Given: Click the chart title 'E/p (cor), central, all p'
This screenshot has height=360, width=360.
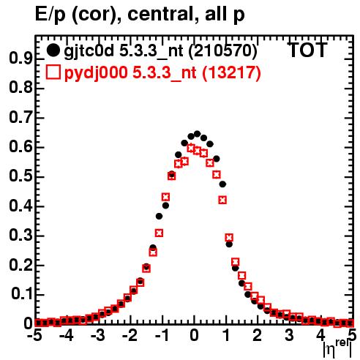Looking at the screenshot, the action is click(140, 15).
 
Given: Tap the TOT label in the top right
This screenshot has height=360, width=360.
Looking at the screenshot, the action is click(307, 50).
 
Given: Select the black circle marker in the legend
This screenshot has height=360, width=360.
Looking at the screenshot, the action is click(53, 50).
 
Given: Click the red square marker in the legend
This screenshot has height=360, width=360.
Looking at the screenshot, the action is click(53, 72).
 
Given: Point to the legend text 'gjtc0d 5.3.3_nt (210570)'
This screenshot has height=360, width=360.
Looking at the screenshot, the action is click(160, 51).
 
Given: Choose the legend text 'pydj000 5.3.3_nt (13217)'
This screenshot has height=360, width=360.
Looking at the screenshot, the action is click(162, 73).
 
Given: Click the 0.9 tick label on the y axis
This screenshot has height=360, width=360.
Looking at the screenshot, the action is click(20, 59).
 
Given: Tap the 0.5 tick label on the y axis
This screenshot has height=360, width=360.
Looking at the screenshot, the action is click(20, 176).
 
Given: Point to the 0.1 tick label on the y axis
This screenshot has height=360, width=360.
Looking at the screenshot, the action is click(22, 294).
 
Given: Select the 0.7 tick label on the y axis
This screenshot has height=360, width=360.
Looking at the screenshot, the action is click(20, 118).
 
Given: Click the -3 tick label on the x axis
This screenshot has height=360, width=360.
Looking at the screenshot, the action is click(98, 336).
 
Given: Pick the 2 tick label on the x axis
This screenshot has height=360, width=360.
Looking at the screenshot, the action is click(257, 336).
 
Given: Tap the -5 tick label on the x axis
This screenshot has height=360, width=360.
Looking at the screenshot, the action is click(34, 336).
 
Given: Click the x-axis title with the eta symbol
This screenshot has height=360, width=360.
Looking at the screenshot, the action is click(338, 349).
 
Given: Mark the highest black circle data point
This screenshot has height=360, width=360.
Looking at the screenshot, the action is click(197, 134).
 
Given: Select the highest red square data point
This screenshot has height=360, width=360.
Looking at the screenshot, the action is click(191, 148).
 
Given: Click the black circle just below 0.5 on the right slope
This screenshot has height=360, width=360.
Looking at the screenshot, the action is click(222, 184).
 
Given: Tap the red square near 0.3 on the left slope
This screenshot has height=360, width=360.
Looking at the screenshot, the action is click(159, 233).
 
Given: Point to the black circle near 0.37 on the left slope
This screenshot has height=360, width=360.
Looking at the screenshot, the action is click(159, 216).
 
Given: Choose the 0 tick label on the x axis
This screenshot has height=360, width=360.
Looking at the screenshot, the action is click(194, 336).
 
